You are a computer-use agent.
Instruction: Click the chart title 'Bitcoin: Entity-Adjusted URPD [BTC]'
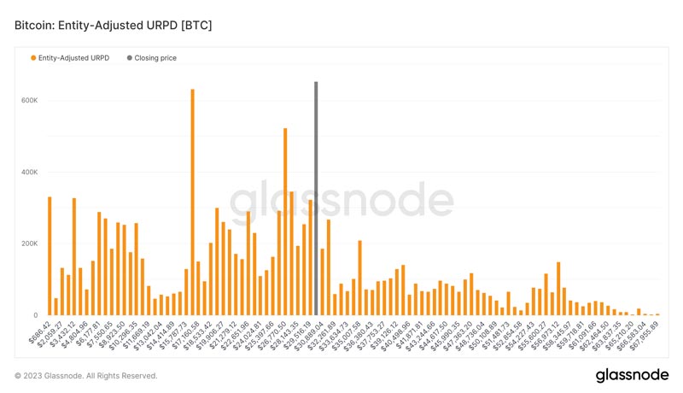tap(114, 26)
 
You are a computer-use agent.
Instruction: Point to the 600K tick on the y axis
tap(30, 100)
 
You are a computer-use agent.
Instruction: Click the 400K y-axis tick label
tap(30, 172)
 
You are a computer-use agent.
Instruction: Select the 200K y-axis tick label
tap(30, 243)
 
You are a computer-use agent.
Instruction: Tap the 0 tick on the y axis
tap(36, 315)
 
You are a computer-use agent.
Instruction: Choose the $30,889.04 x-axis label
tap(306, 334)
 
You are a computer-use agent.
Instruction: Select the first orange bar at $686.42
tap(50, 256)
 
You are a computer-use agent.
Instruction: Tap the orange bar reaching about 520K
tap(285, 222)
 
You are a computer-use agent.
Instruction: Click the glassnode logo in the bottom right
tap(632, 376)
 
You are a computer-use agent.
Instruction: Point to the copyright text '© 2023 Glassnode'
tap(86, 376)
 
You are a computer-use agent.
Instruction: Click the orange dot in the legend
tap(33, 58)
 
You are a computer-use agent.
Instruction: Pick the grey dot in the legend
tap(129, 58)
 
